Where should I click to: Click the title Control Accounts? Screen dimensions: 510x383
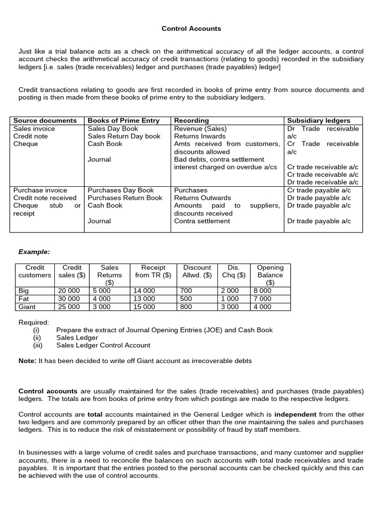191,29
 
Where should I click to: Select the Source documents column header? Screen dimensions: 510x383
45,121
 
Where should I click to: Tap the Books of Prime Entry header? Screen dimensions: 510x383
124,121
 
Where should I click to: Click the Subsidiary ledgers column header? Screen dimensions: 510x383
319,121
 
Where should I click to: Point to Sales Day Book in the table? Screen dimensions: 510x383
113,128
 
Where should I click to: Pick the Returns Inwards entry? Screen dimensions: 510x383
199,136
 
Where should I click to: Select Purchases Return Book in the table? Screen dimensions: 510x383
125,198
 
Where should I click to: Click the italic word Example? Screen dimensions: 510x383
34,252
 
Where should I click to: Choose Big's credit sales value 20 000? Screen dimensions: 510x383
69,291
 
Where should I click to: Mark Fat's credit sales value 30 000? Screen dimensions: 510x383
69,299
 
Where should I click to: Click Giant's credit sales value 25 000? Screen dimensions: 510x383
69,307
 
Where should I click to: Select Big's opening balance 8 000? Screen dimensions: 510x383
262,291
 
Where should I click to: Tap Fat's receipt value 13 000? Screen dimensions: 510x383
144,299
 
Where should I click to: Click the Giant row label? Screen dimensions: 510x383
27,307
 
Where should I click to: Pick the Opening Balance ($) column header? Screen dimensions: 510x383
270,275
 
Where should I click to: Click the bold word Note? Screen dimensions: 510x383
27,361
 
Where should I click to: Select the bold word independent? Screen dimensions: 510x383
295,414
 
